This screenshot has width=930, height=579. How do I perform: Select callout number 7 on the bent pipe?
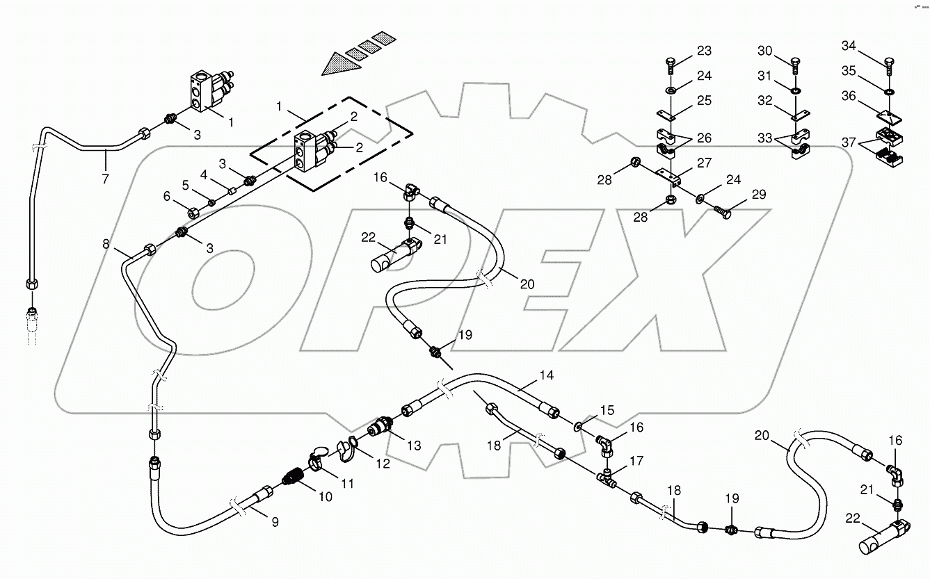(105, 179)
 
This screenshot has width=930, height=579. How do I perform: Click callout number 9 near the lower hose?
(275, 522)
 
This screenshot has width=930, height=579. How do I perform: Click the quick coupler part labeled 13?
(380, 425)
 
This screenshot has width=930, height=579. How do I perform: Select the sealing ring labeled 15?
(579, 424)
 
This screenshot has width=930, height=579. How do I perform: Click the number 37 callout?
(849, 142)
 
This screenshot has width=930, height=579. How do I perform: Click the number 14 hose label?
(546, 375)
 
